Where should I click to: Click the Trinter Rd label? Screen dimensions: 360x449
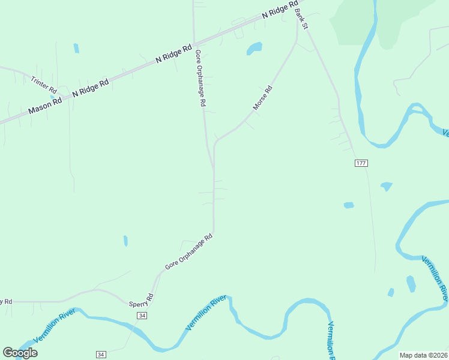(44, 83)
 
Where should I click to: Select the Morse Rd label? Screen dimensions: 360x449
(263, 98)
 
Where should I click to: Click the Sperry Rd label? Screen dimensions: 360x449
(142, 299)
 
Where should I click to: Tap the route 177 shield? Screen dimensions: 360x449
(360, 163)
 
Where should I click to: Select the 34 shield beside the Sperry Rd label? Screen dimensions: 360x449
(142, 315)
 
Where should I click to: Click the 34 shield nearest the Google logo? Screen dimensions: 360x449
(101, 355)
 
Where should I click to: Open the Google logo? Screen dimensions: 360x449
(20, 353)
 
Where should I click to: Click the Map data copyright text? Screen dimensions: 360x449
(424, 355)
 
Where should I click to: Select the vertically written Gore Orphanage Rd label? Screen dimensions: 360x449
(200, 78)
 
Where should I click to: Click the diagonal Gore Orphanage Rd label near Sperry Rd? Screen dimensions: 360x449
(189, 251)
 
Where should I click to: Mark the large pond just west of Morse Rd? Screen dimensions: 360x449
(255, 48)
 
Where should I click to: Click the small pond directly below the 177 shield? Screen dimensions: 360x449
(386, 186)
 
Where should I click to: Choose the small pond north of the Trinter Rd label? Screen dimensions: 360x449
(76, 48)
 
